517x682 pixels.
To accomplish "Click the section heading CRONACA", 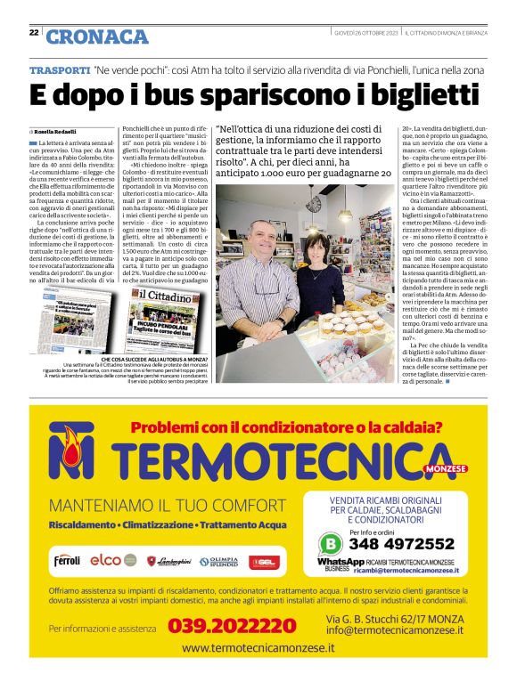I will tap(97, 37).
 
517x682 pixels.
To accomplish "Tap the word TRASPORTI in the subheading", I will tap(60, 69).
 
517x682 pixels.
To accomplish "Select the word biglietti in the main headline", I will tap(403, 93).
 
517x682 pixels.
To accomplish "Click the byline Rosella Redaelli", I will tap(58, 130).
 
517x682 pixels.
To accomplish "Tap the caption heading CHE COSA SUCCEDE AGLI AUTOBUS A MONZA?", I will tap(160, 358).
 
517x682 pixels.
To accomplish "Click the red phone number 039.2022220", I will tap(233, 627).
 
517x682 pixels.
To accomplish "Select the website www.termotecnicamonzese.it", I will tap(258, 648).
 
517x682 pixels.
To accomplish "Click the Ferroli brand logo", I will tap(67, 561).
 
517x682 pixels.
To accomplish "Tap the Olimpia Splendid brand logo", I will tap(217, 561).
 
